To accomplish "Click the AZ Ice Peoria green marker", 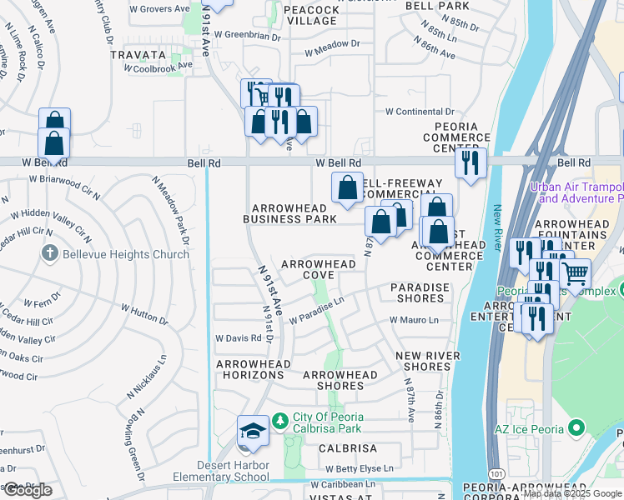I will (575, 428).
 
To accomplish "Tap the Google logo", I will (27, 490).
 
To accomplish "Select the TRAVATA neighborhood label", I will (138, 54).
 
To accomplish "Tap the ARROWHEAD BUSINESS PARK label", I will (289, 213).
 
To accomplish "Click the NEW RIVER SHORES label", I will (423, 361).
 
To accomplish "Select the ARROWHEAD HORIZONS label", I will (254, 369).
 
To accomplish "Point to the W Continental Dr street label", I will (419, 112).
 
